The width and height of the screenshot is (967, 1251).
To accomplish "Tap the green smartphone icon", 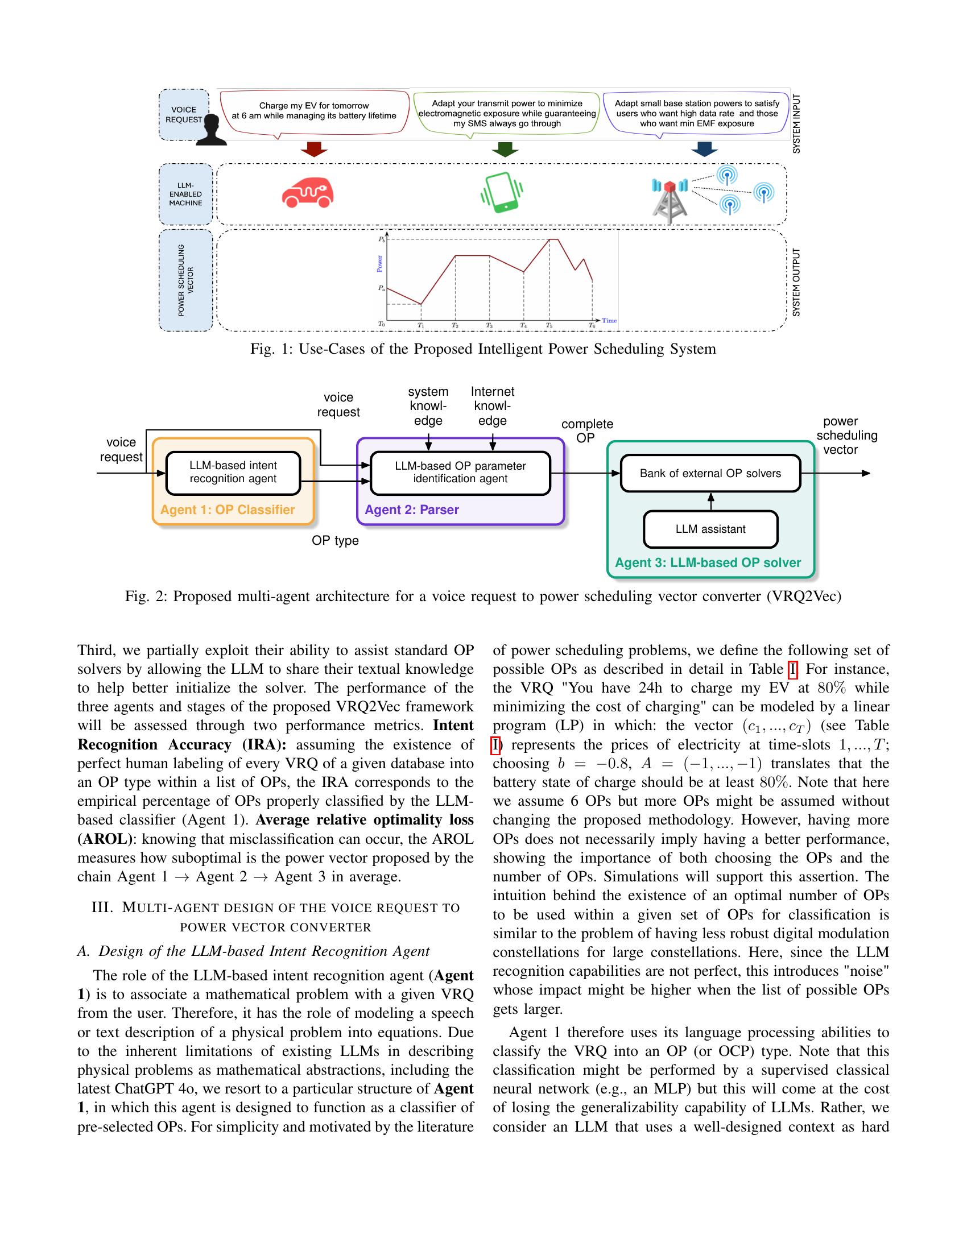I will point(502,192).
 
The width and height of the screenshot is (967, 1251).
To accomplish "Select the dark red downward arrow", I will point(313,150).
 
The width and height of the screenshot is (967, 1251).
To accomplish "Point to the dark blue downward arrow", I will point(704,150).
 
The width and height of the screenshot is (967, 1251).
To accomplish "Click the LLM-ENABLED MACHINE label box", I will point(185,194).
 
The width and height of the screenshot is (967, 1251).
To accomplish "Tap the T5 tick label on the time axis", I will point(549,325).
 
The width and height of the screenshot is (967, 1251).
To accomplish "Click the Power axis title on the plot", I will point(379,263).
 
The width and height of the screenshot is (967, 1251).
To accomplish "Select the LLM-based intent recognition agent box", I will point(233,473).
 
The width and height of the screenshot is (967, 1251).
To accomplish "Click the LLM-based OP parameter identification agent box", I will point(460,473).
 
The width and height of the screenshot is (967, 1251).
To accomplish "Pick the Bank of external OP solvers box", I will point(710,473).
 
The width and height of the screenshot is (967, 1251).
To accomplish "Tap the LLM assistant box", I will point(710,529).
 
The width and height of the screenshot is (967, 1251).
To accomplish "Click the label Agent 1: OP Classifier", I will point(228,510).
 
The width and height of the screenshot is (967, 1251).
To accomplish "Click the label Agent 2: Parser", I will point(412,510).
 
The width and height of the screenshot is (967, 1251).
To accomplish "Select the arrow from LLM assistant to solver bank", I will point(711,501).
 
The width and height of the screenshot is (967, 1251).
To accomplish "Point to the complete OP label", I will point(586,431).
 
